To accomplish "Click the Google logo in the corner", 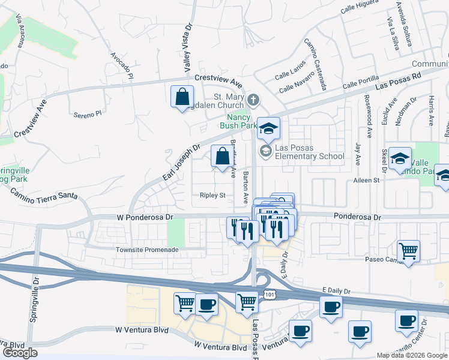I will tap(20, 353).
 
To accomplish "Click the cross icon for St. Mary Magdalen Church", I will tap(253, 99).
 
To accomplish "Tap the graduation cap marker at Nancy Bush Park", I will tap(269, 127).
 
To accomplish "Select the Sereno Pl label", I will tap(88, 113).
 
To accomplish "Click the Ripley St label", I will tap(212, 195).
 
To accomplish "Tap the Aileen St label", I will tap(367, 180).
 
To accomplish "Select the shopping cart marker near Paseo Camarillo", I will tap(409, 250).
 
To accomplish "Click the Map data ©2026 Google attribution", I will tap(411, 355).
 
